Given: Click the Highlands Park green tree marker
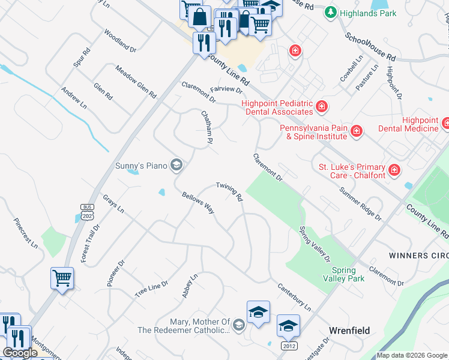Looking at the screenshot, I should (330, 12).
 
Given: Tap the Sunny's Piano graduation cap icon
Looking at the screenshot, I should (176, 164).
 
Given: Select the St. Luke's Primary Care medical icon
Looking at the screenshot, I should (394, 170).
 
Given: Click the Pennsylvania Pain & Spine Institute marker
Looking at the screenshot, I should (357, 131).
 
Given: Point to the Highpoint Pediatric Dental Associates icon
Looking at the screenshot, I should (322, 107).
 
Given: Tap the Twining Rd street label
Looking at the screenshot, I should (229, 191).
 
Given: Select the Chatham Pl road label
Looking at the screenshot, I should (208, 127).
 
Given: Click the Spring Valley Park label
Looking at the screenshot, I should (348, 274).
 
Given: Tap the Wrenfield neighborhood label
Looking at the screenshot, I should (349, 331).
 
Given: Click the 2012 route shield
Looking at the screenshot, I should (288, 346).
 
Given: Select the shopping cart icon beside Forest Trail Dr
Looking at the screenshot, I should (62, 278).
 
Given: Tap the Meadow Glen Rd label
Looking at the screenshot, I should (136, 82).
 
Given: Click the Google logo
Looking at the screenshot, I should (20, 353).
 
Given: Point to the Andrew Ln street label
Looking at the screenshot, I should (74, 98).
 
